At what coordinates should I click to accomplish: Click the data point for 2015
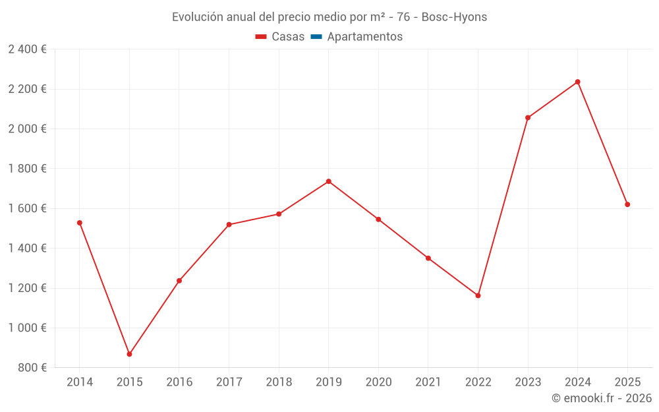coord(129,354)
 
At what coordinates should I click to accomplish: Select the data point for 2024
coord(577,82)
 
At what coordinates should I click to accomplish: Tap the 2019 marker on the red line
coord(328,181)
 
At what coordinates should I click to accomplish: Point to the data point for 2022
coord(478,295)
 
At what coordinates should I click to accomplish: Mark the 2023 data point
coord(528,117)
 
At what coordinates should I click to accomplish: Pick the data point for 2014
coord(80,223)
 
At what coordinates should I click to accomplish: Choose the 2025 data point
coord(627,204)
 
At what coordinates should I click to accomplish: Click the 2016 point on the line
coord(179,280)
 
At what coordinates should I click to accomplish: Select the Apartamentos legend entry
coord(364,37)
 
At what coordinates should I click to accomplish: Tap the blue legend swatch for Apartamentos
coord(316,37)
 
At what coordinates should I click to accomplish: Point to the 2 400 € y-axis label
coord(27,49)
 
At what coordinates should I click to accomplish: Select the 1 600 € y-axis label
coord(27,208)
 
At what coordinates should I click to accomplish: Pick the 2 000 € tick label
coord(27,129)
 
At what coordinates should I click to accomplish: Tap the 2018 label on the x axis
coord(279,382)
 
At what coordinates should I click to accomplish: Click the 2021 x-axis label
coord(428,382)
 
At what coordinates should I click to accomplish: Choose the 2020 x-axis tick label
coord(378,382)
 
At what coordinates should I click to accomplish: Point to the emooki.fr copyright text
coord(602,398)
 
